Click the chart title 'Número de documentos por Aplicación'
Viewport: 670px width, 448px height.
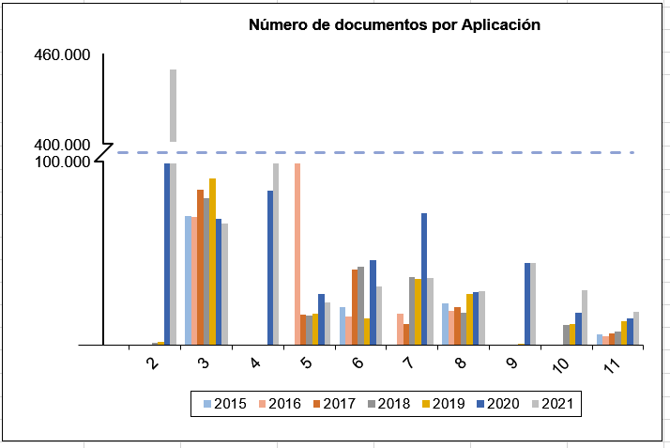pos(394,25)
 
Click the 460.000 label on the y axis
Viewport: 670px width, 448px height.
pos(62,55)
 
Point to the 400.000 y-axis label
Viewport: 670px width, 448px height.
pos(62,146)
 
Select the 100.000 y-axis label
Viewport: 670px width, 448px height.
pos(62,162)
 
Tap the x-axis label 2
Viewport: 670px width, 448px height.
pos(152,363)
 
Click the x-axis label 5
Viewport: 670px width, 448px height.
pos(307,363)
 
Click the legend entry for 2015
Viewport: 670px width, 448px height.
pos(225,404)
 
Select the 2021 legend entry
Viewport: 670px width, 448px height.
pos(554,404)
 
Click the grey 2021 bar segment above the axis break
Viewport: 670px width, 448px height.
pos(173,105)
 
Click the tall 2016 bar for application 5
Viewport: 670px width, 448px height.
pos(297,254)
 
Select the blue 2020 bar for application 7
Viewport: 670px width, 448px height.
pos(424,279)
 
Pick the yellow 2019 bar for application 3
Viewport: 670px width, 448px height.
pos(213,261)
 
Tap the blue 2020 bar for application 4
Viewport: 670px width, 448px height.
pos(270,268)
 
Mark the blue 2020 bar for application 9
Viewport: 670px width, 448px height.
pos(527,303)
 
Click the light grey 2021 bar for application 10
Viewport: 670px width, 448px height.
pos(585,317)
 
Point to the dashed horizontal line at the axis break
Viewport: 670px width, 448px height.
pos(375,152)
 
